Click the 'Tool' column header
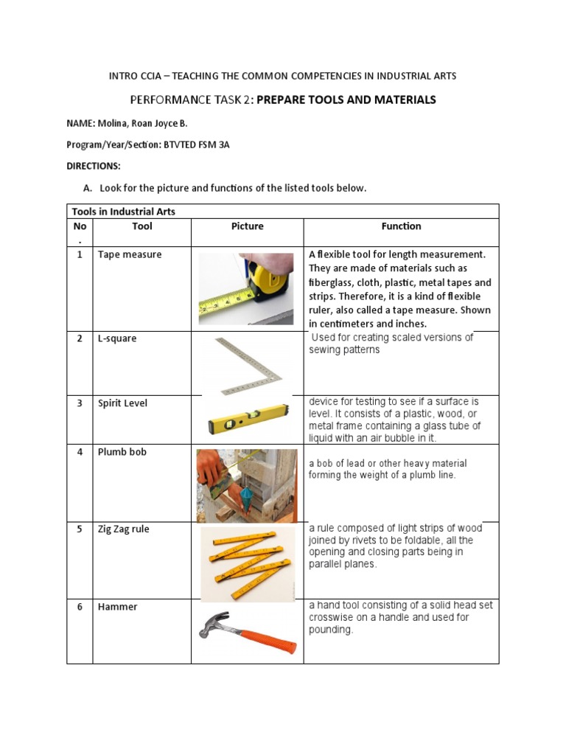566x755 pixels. click(x=141, y=226)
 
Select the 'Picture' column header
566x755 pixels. click(x=247, y=226)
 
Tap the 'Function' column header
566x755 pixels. click(x=401, y=226)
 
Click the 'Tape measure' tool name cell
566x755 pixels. click(x=129, y=254)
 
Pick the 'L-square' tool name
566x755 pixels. click(x=117, y=338)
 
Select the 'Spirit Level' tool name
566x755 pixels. click(x=122, y=403)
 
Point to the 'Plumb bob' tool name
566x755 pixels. click(x=122, y=452)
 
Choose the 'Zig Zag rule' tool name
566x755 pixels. click(x=126, y=529)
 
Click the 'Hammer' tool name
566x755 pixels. click(x=117, y=607)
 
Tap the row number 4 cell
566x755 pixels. click(x=80, y=452)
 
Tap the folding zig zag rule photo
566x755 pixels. click(x=247, y=564)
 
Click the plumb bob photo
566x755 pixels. click(x=247, y=486)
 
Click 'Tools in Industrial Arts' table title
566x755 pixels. click(x=123, y=212)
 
